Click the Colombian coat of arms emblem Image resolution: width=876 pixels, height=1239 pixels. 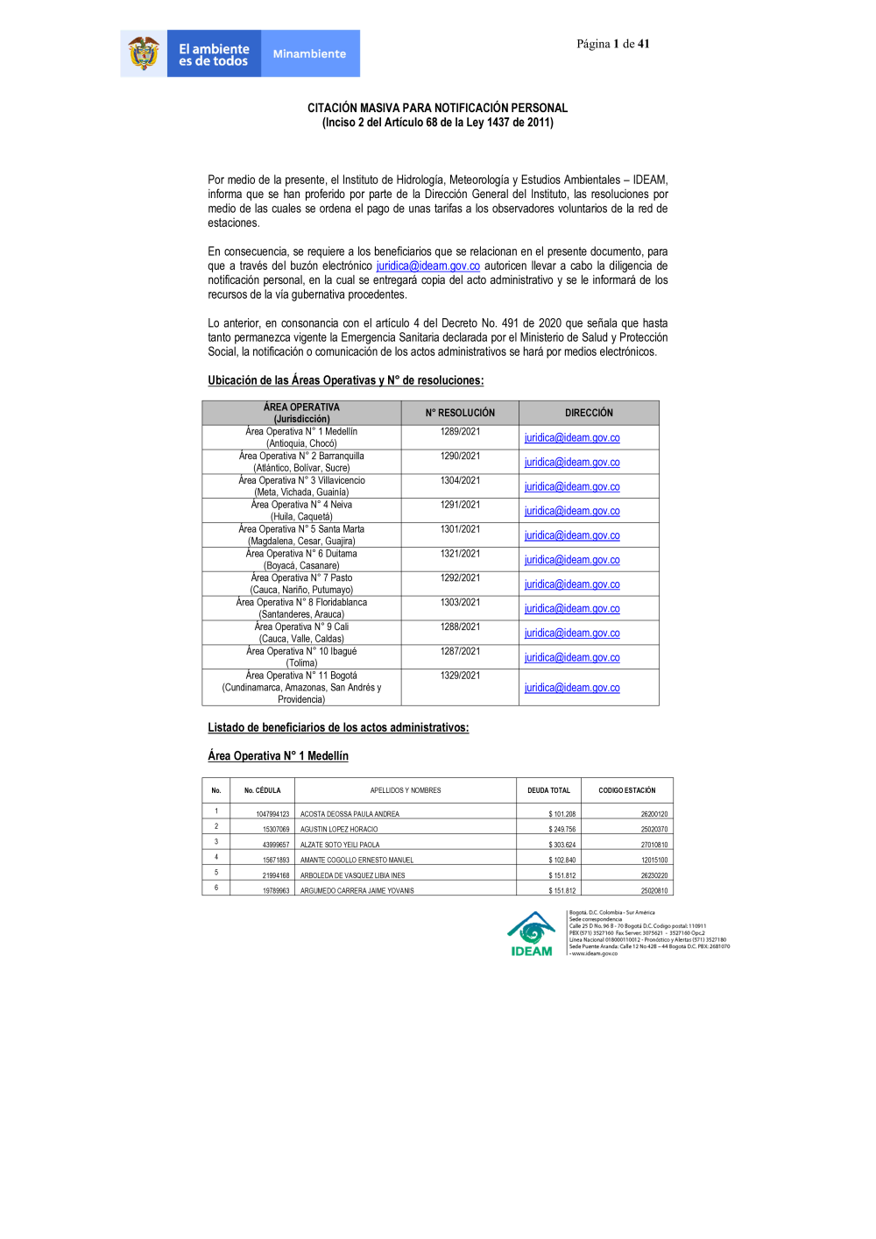click(x=144, y=53)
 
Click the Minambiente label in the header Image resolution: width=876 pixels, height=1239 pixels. click(x=309, y=54)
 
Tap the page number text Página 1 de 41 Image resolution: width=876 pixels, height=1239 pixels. click(x=612, y=44)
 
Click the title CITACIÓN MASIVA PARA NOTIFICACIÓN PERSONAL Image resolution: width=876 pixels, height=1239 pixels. click(x=437, y=108)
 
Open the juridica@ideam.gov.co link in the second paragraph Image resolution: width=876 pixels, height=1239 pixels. click(x=427, y=266)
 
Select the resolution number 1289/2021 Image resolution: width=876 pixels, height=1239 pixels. click(x=460, y=432)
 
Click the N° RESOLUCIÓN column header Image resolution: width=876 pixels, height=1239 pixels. click(x=460, y=413)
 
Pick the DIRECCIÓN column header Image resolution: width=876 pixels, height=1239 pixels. click(x=589, y=413)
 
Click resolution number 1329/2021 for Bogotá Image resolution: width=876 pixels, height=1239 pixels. click(x=460, y=676)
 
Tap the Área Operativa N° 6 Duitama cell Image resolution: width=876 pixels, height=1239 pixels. click(x=301, y=559)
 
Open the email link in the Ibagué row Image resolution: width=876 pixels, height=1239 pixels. click(x=572, y=658)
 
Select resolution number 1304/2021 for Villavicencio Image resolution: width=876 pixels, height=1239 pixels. click(x=460, y=481)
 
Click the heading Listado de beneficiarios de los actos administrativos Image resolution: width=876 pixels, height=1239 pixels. click(x=338, y=728)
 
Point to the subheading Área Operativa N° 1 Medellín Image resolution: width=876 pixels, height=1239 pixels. click(x=278, y=756)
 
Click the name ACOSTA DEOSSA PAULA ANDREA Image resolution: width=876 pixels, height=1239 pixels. click(x=350, y=814)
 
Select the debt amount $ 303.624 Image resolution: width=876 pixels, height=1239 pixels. click(x=562, y=845)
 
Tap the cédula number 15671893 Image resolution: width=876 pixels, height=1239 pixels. click(x=275, y=860)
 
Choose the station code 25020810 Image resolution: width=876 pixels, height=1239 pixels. click(x=653, y=891)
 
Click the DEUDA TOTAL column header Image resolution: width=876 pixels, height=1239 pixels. click(x=548, y=790)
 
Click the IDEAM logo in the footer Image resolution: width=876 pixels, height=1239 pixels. click(x=532, y=934)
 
